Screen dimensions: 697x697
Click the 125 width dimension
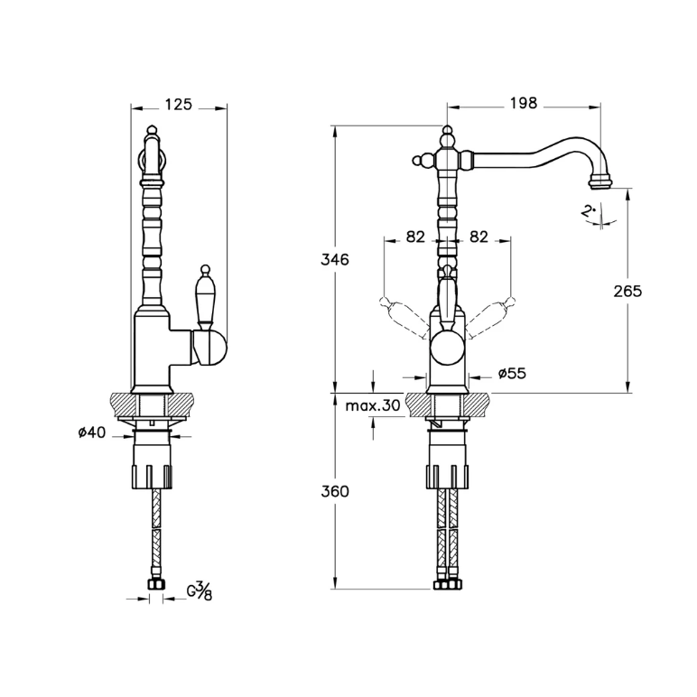click(178, 105)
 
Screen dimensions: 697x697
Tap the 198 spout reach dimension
click(523, 103)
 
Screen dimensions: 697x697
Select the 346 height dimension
click(335, 259)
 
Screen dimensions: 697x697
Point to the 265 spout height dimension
click(627, 292)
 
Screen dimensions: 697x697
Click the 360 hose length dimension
click(335, 492)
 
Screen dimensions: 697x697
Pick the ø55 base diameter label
click(512, 374)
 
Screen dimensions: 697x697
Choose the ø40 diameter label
click(92, 432)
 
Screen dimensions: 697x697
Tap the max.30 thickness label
click(373, 405)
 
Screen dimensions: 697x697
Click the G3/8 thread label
click(200, 591)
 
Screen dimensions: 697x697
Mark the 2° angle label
click(589, 210)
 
